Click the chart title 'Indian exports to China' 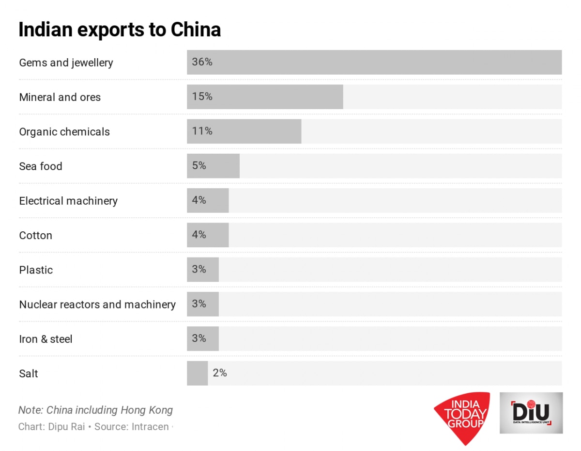pos(120,30)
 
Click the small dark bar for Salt pos(197,373)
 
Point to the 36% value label pos(202,62)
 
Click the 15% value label pos(202,97)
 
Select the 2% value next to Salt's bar pos(220,373)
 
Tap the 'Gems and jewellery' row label pos(66,63)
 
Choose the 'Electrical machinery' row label pos(68,201)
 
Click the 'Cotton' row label pos(35,236)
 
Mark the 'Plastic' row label pos(36,270)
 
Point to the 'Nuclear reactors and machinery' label pos(97,305)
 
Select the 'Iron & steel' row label pos(46,339)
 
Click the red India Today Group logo pos(461,417)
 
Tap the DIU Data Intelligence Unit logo pos(531,413)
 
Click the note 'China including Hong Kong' pos(109,410)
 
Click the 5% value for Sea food pos(199,166)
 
